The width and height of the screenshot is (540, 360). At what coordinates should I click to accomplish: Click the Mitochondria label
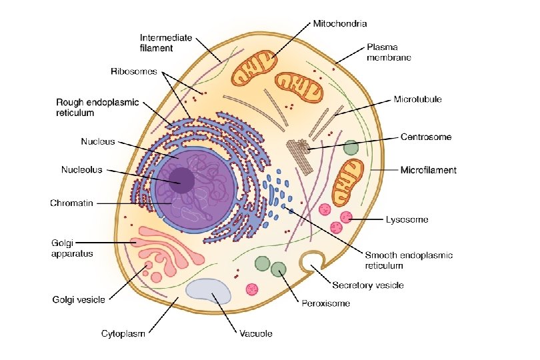click(x=340, y=23)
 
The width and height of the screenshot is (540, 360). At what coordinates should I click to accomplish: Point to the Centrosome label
click(x=425, y=137)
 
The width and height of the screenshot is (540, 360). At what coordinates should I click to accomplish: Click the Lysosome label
click(x=407, y=219)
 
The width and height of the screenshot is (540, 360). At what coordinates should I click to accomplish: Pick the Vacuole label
click(x=256, y=333)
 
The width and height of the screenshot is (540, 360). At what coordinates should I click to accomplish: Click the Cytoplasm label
click(x=123, y=333)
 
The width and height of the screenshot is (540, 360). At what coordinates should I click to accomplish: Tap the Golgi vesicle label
click(x=79, y=300)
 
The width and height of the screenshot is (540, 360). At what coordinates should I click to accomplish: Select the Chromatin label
click(x=71, y=203)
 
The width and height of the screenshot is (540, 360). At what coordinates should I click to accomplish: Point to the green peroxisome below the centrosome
click(x=351, y=148)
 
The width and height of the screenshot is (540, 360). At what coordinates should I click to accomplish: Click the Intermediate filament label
click(x=165, y=43)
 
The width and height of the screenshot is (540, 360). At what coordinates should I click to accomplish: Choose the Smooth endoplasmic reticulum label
click(x=409, y=260)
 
